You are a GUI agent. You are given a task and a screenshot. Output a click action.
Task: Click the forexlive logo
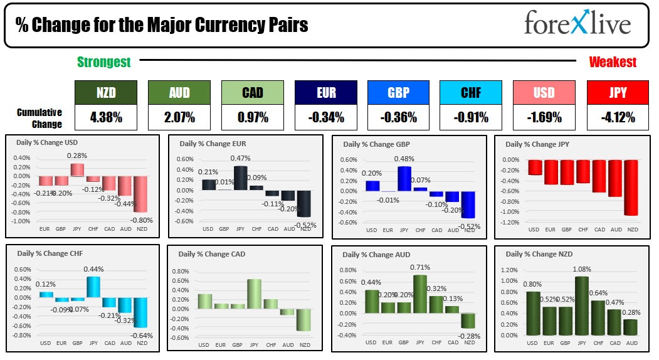[577, 24]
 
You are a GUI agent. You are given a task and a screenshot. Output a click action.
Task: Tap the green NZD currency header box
[105, 92]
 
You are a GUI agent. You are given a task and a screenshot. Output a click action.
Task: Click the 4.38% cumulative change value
[105, 117]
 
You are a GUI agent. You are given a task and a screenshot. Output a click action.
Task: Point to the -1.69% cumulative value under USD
[544, 117]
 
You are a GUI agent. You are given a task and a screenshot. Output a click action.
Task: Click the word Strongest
[104, 62]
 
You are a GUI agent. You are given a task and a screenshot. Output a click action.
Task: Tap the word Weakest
[613, 62]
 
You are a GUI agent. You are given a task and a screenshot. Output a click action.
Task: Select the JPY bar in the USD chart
[76, 170]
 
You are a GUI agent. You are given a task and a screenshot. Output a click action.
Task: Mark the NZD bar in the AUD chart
[468, 320]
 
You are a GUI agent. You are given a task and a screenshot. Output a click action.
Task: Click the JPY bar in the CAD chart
[254, 294]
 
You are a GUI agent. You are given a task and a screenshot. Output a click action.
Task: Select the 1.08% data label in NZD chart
[583, 270]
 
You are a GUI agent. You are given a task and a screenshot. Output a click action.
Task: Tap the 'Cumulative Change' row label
[40, 118]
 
